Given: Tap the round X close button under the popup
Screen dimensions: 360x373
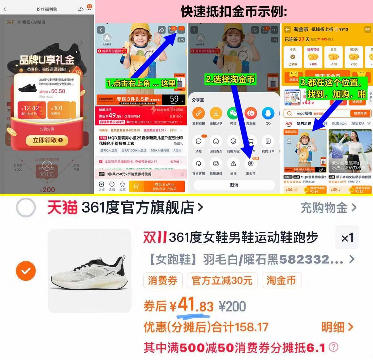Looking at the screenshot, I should click(x=47, y=166).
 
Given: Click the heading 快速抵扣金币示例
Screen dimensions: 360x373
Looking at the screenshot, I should click(x=234, y=12).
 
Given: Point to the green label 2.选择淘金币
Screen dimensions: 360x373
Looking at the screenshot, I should click(x=230, y=79).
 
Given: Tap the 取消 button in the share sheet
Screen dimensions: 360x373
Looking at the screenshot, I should click(x=234, y=185).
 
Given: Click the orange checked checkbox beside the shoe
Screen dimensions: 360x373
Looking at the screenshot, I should click(x=26, y=271).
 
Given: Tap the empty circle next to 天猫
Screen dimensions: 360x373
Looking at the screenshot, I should click(x=26, y=208).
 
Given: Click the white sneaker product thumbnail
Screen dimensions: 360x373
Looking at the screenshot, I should click(x=89, y=271).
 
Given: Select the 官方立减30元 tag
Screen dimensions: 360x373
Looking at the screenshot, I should click(x=222, y=281).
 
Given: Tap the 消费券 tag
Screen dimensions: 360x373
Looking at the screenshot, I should click(x=163, y=281).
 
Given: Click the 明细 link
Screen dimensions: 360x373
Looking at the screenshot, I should click(x=337, y=327).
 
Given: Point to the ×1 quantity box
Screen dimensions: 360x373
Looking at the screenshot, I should click(x=347, y=238).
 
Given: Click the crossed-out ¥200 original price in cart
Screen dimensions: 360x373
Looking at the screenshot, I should click(x=232, y=306).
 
